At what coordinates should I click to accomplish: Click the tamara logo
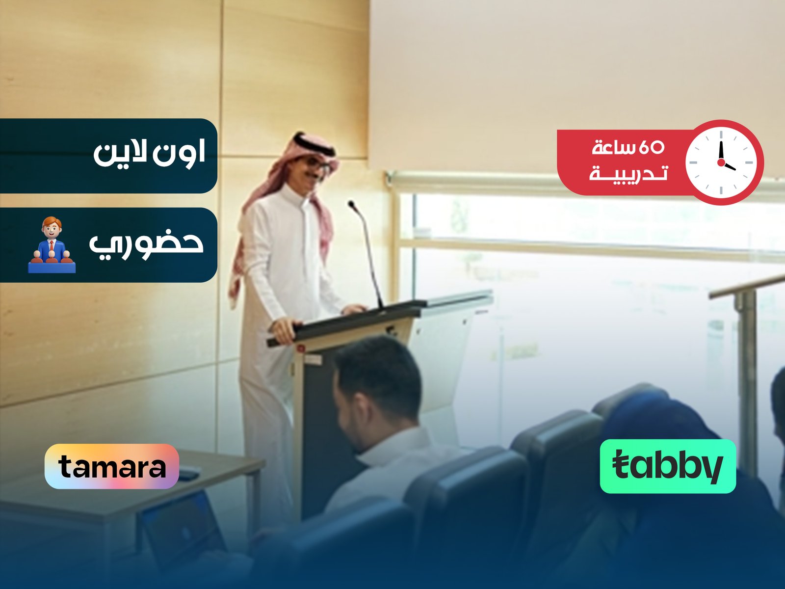tap(112, 466)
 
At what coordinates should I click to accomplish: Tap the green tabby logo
tap(668, 466)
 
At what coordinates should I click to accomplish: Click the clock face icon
tap(721, 162)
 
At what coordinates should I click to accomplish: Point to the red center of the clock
tap(721, 162)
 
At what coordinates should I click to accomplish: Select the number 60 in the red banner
tap(651, 147)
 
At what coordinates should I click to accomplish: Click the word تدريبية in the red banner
tap(628, 174)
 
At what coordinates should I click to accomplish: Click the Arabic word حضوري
tap(146, 244)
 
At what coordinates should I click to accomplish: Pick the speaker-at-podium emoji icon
tap(52, 245)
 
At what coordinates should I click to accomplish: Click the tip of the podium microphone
tap(351, 203)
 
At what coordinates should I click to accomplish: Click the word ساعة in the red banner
tap(613, 147)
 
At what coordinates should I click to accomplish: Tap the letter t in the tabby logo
tap(622, 466)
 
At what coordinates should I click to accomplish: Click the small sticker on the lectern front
tap(313, 359)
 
